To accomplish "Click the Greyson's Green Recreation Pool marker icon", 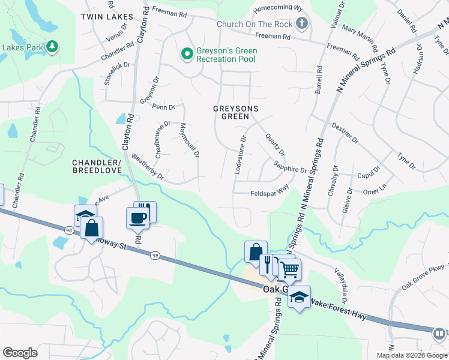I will click(187, 54).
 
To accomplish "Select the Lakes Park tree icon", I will click(52, 47).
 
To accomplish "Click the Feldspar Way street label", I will click(270, 193).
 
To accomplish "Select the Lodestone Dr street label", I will click(240, 155).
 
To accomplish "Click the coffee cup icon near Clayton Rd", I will click(137, 218).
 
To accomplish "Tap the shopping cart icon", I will click(289, 271).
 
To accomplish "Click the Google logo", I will click(20, 353).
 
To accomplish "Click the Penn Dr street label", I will click(164, 107).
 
